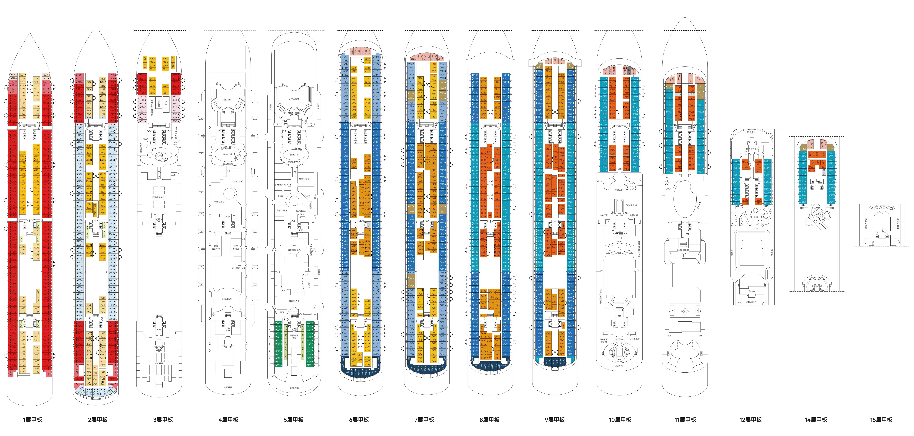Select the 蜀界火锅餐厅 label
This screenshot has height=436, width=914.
pyautogui.click(x=305, y=179)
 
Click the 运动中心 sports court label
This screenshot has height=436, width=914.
pyautogui.click(x=685, y=311)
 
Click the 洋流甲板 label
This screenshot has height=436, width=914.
pyautogui.click(x=619, y=366)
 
